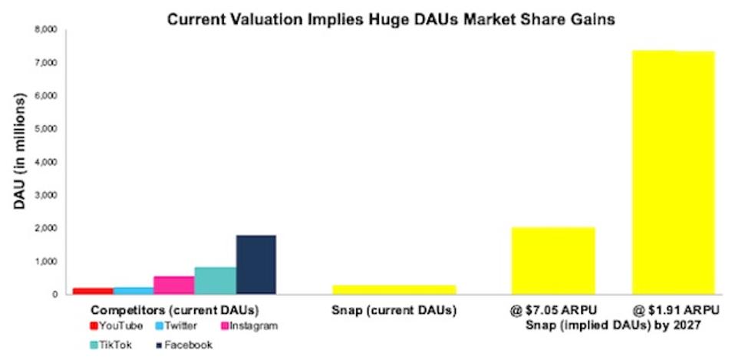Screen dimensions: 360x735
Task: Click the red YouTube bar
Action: (92, 291)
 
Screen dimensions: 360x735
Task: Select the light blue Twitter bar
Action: (133, 290)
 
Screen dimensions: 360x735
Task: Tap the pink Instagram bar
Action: (174, 285)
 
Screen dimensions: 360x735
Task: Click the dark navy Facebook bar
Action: (256, 264)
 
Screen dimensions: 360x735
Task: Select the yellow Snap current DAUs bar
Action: (394, 289)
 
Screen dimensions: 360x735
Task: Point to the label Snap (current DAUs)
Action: (393, 311)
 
